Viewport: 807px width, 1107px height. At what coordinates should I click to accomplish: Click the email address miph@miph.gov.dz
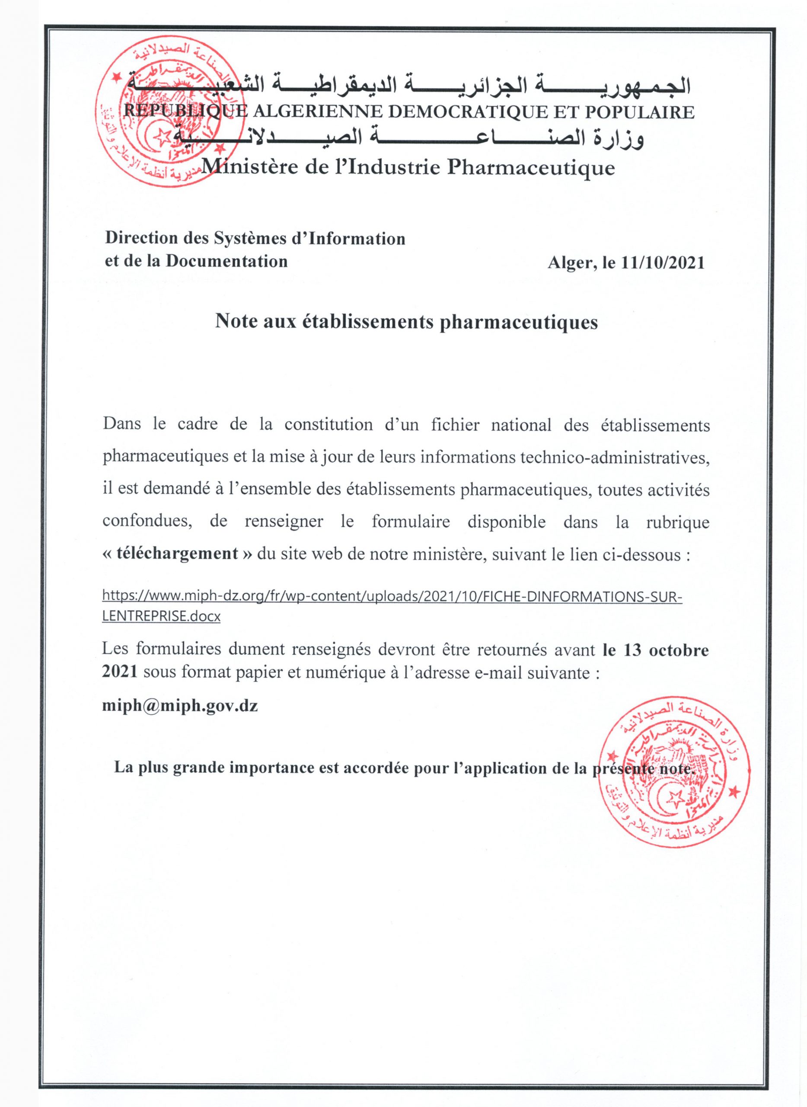180,706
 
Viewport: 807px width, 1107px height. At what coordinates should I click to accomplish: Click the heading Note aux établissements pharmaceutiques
406,322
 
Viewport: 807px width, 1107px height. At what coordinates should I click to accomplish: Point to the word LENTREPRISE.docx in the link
161,617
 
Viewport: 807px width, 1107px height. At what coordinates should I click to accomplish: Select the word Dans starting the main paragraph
121,424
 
